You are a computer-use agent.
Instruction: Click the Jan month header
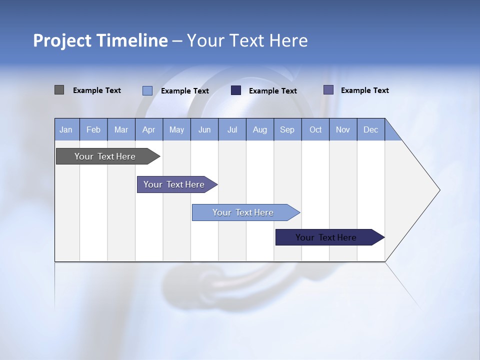pos(66,129)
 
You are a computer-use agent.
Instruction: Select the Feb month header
pos(93,129)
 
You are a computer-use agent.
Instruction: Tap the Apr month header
pos(149,129)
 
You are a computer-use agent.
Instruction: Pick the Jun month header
pos(204,129)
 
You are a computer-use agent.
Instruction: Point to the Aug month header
pos(260,129)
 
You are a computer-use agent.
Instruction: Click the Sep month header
pos(287,129)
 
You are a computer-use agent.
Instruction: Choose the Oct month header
pos(315,129)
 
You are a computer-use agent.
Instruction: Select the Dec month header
pos(371,129)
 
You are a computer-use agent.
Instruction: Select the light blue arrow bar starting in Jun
pos(243,212)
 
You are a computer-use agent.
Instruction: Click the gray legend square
pos(59,90)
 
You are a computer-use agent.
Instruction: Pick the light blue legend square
pos(147,90)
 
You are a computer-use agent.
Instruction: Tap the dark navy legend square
pos(236,90)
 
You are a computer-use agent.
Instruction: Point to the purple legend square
pos(328,90)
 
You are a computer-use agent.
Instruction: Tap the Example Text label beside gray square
pos(97,90)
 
